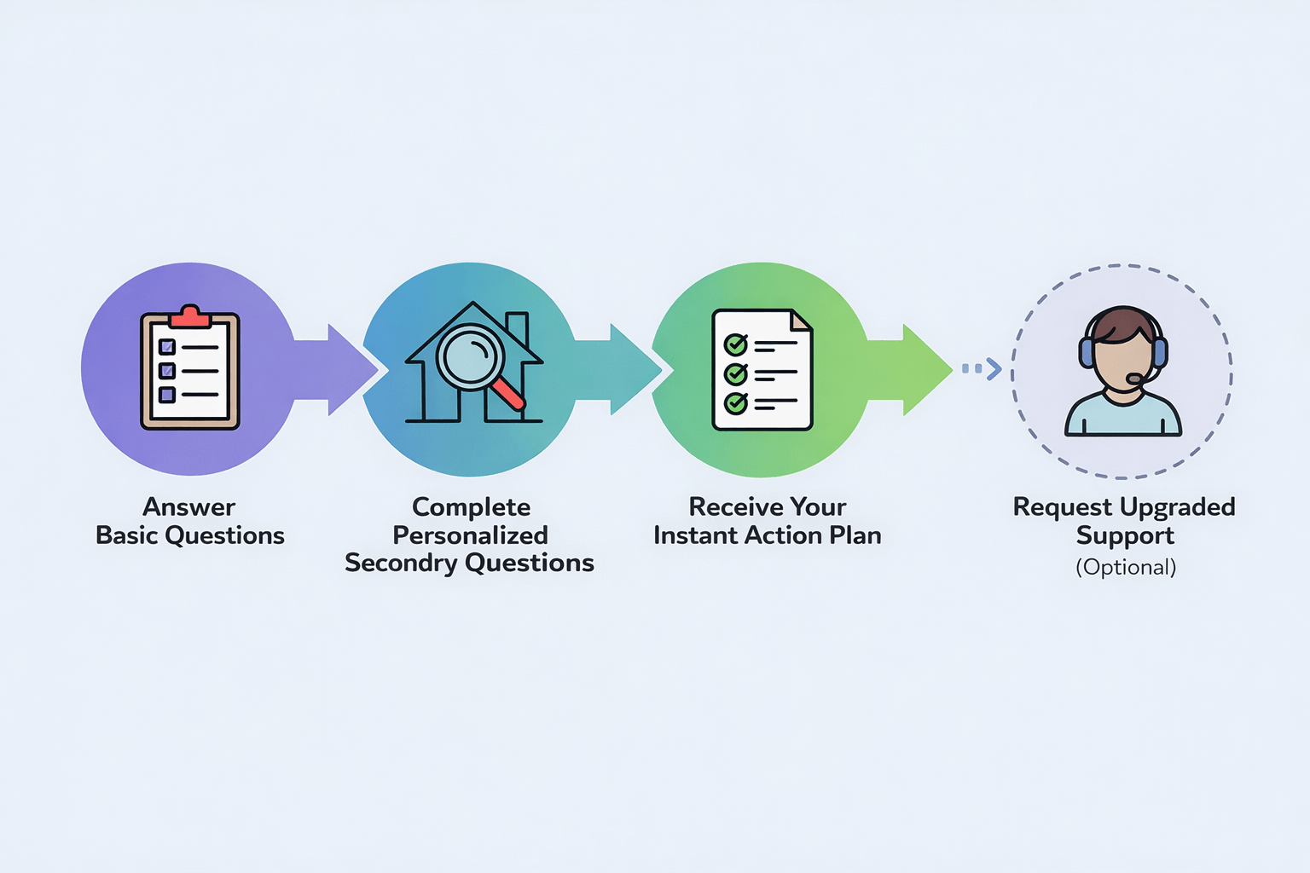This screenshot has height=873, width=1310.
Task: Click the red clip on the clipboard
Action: pyautogui.click(x=189, y=317)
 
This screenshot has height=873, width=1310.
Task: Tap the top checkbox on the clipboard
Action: pyautogui.click(x=167, y=347)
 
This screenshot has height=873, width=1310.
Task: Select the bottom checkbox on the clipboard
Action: pyautogui.click(x=167, y=395)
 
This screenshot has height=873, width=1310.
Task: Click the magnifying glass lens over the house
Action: pyautogui.click(x=471, y=356)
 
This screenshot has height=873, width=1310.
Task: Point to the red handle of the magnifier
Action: pyautogui.click(x=509, y=395)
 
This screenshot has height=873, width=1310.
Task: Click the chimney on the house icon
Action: pyautogui.click(x=517, y=327)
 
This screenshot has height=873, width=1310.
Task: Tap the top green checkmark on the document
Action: pyautogui.click(x=735, y=344)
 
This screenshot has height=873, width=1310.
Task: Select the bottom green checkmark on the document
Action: pyautogui.click(x=735, y=402)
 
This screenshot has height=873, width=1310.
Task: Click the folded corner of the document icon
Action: pyautogui.click(x=801, y=321)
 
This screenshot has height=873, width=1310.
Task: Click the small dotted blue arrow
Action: pyautogui.click(x=982, y=369)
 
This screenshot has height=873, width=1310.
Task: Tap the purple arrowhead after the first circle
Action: pyautogui.click(x=351, y=369)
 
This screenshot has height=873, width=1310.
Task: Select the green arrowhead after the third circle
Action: pyautogui.click(x=926, y=369)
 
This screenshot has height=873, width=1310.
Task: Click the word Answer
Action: pyautogui.click(x=188, y=507)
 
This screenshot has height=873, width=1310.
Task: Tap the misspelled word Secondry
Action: pyautogui.click(x=401, y=564)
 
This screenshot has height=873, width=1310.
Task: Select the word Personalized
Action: pyautogui.click(x=470, y=535)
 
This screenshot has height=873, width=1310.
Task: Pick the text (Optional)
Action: pyautogui.click(x=1125, y=568)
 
